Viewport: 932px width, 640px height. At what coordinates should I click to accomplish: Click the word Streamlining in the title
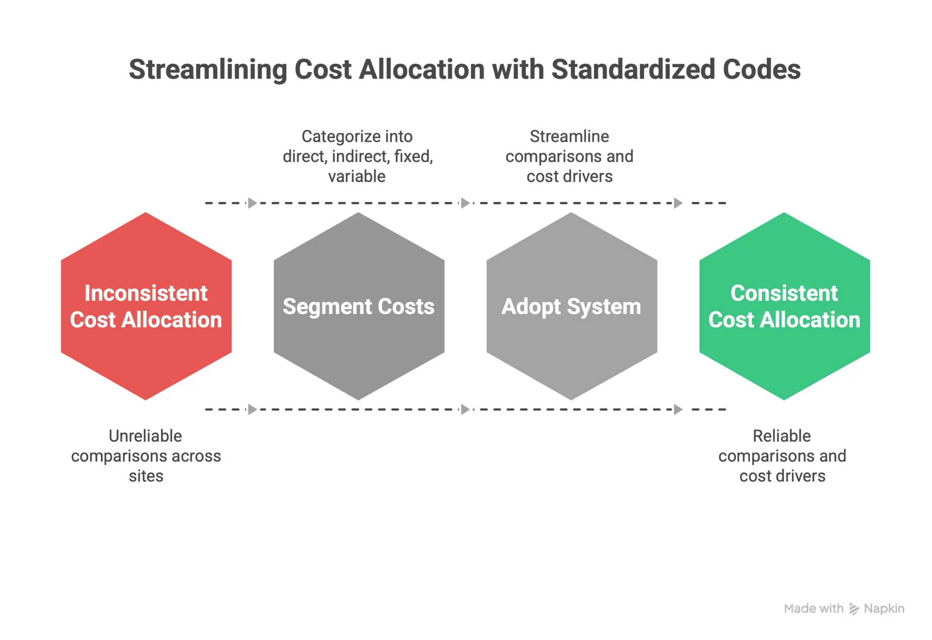208,70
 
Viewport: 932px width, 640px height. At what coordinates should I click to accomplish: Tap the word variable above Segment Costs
357,176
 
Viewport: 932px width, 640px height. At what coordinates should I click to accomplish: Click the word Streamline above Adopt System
569,137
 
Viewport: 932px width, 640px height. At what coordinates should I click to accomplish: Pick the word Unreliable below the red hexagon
145,436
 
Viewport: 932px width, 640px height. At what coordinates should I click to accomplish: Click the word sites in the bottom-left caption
146,476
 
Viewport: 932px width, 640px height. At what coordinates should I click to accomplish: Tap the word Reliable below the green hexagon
782,436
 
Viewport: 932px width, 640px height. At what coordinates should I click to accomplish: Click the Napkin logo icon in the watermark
853,609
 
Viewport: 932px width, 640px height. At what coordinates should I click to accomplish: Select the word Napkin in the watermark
884,608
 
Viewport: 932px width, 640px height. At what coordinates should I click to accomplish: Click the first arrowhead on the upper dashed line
252,203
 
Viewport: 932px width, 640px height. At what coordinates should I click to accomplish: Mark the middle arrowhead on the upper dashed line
465,203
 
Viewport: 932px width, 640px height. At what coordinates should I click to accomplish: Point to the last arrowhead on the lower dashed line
678,409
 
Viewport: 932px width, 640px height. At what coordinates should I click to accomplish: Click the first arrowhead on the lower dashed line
252,409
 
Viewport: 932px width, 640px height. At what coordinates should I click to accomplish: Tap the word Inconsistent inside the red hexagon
146,294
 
